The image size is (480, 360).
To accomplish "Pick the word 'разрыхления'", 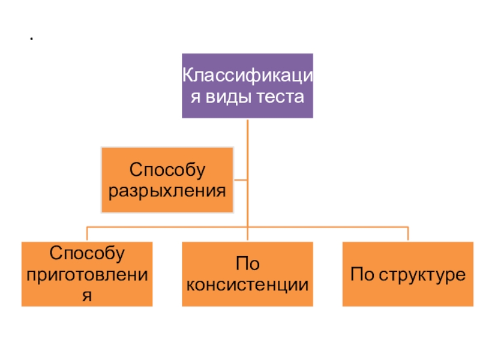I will (167, 191).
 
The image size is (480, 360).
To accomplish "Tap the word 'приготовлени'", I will (87, 274).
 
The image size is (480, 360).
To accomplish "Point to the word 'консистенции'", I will (247, 284).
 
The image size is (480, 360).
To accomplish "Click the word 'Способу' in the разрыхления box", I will (167, 170).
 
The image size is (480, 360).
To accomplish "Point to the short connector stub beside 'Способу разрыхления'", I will (241, 179).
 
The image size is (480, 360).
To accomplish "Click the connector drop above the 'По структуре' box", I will (408, 234).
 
